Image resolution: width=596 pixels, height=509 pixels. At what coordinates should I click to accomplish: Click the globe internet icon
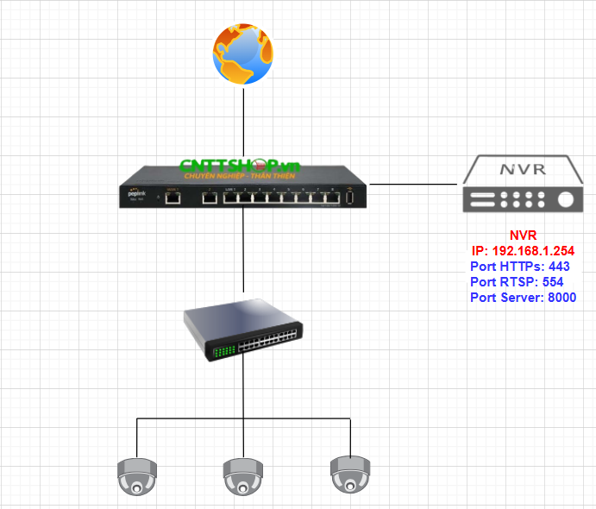243,52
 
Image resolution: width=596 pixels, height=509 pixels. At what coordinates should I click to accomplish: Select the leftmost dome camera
137,476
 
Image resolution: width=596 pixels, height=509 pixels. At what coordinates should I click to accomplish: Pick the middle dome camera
243,476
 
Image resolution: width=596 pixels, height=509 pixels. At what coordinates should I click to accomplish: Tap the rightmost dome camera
350,474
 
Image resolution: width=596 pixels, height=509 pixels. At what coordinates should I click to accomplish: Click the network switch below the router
243,328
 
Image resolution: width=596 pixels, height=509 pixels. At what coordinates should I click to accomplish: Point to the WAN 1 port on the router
173,198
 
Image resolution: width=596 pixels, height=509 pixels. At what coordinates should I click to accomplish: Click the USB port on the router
351,198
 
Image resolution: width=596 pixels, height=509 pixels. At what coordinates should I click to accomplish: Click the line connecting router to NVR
414,184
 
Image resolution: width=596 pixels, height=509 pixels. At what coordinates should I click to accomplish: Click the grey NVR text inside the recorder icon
524,168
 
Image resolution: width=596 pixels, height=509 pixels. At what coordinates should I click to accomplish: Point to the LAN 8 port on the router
331,198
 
